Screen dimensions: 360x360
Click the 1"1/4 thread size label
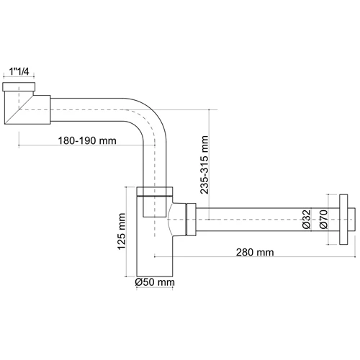click(x=19, y=71)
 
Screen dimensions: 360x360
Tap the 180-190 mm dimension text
click(x=87, y=140)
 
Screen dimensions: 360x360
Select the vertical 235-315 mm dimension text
click(x=204, y=165)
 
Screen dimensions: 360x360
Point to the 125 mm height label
click(x=122, y=231)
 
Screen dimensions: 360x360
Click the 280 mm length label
click(x=255, y=252)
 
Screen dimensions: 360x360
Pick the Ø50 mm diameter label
click(x=155, y=282)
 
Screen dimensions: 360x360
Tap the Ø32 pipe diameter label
click(x=307, y=220)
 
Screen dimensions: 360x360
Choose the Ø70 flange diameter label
click(x=323, y=220)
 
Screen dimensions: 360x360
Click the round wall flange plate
click(x=343, y=220)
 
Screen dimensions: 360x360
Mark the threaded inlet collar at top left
click(x=19, y=86)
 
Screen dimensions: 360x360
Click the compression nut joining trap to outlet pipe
click(x=191, y=220)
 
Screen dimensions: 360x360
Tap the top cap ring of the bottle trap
click(x=155, y=192)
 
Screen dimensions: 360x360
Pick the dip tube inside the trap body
click(x=155, y=207)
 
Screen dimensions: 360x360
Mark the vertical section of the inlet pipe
click(x=155, y=166)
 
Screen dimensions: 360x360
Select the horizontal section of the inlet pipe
click(x=87, y=109)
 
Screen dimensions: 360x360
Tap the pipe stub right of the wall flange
click(x=351, y=220)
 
